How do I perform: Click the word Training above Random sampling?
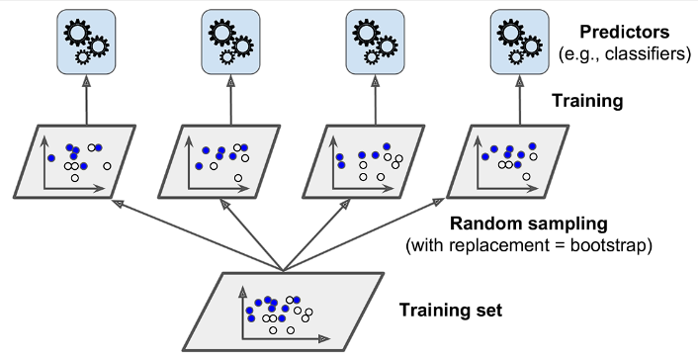[587, 102]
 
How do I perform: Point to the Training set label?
[451, 311]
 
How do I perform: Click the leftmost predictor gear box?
[86, 42]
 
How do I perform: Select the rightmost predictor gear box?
[520, 42]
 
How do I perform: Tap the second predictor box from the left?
[230, 42]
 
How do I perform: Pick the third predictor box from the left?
[376, 42]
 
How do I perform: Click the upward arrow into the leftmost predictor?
[86, 100]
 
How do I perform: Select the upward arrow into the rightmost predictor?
[520, 100]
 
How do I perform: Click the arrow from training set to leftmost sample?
[198, 234]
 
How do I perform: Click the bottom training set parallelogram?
[284, 312]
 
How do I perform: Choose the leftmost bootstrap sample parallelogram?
[75, 161]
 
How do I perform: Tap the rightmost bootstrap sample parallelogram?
[508, 161]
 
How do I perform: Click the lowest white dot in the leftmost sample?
[75, 178]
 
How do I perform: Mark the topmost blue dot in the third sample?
[387, 146]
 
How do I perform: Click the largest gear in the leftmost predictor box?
[76, 33]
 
